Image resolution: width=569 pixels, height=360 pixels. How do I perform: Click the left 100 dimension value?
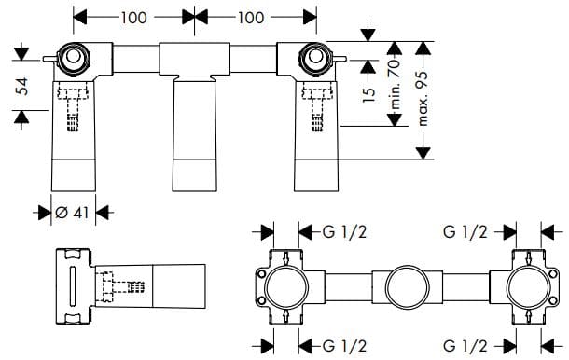click(133, 17)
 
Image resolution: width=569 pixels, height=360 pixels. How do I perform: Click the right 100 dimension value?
click(251, 17)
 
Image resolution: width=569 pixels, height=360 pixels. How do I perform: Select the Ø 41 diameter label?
click(72, 213)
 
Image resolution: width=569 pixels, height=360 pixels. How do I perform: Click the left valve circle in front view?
click(72, 62)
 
